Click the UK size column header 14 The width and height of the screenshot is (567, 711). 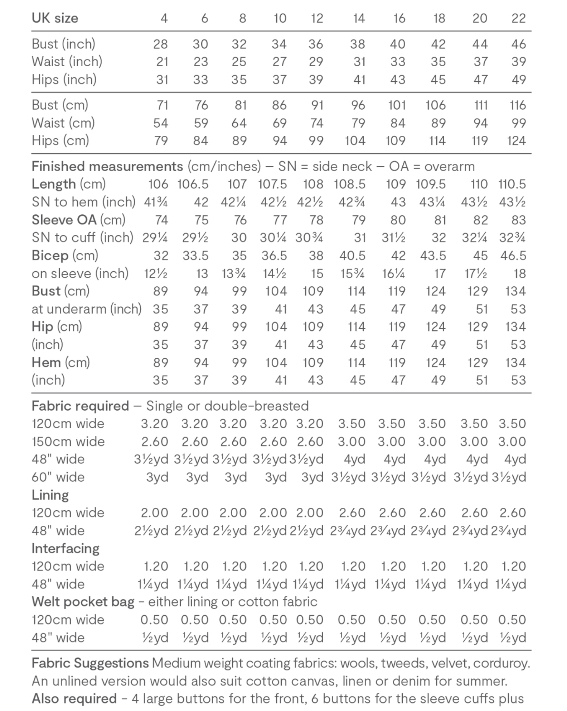point(358,18)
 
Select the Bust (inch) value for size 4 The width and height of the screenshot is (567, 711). point(160,44)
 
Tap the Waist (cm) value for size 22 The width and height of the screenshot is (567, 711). point(518,123)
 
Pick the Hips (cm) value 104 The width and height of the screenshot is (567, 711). point(355,141)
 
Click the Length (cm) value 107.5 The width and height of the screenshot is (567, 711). point(272,184)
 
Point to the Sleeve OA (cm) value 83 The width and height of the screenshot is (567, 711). point(518,220)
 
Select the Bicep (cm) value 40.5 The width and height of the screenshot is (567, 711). point(352,256)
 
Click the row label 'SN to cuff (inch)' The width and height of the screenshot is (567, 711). point(82,238)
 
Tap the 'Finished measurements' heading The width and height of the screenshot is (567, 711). point(107,167)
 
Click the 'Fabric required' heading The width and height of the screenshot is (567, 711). point(80,406)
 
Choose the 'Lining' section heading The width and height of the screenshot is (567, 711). point(50,495)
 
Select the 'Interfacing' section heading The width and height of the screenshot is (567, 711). point(66,549)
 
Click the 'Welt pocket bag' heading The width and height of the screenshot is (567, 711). point(83,602)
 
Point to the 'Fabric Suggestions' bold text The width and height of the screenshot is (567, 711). point(90,663)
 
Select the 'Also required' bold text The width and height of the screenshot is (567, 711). point(74,698)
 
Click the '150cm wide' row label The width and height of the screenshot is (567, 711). point(68,442)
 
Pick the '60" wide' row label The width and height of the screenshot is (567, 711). point(58,477)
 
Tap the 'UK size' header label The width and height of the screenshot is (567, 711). point(55,18)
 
